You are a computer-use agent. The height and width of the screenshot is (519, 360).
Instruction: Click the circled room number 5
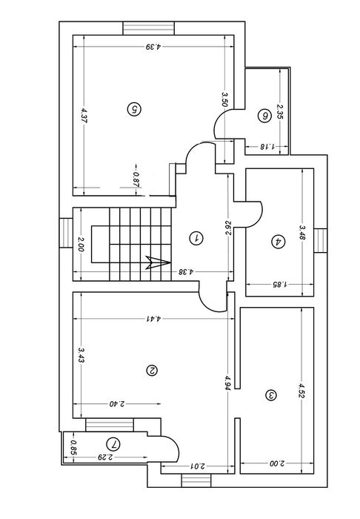(134, 109)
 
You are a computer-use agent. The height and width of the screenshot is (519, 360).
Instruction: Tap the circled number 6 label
(264, 116)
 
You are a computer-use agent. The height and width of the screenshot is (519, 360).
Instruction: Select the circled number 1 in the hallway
(196, 238)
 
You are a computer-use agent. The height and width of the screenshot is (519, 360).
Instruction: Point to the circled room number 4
(278, 241)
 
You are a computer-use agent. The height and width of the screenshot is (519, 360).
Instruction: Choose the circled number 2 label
(152, 371)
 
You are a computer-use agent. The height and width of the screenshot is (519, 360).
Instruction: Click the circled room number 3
(271, 395)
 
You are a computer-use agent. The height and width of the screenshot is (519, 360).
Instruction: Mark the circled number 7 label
(113, 444)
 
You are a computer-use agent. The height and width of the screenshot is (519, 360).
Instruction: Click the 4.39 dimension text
(153, 47)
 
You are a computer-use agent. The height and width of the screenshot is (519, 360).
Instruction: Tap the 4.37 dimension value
(83, 116)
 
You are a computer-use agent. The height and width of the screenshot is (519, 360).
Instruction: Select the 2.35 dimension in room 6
(280, 111)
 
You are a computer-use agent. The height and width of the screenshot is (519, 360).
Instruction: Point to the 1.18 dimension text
(267, 146)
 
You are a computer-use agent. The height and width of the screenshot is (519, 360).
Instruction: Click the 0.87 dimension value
(136, 179)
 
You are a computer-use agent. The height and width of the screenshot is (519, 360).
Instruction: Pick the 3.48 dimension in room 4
(302, 233)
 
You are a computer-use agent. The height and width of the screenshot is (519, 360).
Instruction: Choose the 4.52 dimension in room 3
(301, 391)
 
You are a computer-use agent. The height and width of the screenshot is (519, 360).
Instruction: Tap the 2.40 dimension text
(117, 404)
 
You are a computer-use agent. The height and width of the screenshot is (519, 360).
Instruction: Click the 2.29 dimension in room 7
(105, 457)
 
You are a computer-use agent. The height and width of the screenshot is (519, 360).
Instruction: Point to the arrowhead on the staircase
(158, 262)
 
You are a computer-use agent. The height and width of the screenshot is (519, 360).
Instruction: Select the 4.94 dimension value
(227, 383)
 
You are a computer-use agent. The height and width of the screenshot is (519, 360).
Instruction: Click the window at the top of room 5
(149, 28)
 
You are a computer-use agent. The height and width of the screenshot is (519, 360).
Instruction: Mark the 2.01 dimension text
(197, 466)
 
